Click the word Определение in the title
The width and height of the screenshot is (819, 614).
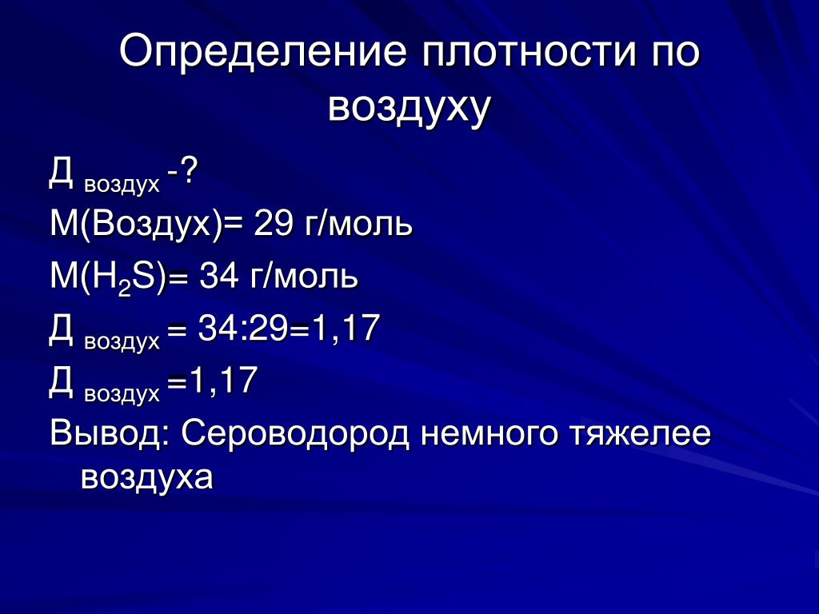(x=262, y=51)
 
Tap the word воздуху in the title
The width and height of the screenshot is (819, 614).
(x=409, y=108)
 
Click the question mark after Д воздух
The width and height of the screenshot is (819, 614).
(x=187, y=171)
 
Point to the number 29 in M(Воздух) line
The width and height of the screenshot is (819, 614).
(x=273, y=224)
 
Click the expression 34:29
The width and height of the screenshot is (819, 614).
(x=243, y=329)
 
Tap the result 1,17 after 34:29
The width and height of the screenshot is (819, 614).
(x=346, y=329)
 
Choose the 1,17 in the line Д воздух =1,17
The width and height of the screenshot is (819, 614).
(x=224, y=381)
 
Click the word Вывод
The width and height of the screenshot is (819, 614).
(x=105, y=433)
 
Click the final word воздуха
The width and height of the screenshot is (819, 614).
(x=147, y=478)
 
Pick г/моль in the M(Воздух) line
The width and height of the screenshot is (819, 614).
(x=358, y=224)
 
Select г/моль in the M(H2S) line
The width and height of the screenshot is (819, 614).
(x=303, y=276)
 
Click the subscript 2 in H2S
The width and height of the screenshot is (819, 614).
(x=124, y=289)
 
